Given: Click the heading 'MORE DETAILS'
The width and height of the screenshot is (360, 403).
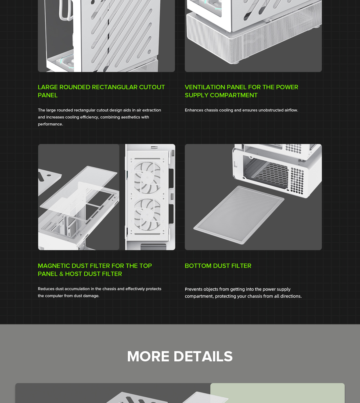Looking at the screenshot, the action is pos(180,356).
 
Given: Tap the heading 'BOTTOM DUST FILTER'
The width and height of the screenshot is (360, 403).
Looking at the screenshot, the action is pos(218,266).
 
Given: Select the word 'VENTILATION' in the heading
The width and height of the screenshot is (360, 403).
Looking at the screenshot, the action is pos(205,87).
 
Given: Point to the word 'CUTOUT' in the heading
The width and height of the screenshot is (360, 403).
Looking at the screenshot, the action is pos(152,87).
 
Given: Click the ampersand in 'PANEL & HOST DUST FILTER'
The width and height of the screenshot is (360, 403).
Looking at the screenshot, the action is pos(61,274).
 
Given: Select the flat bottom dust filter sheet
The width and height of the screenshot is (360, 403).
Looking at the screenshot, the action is pos(239,215).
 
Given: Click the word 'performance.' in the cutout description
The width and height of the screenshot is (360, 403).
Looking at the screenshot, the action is pos(51,124).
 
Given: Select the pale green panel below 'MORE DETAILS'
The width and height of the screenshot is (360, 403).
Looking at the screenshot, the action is pos(278,393).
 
